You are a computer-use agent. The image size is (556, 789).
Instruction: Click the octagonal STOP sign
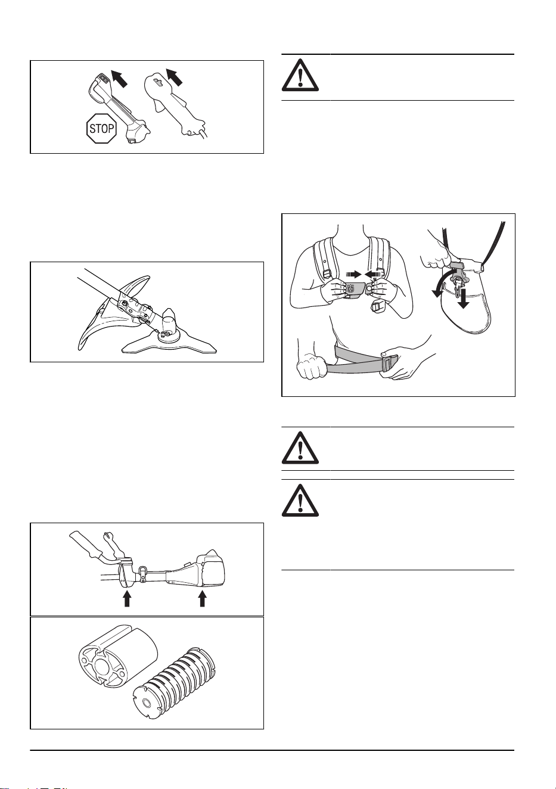coord(101,128)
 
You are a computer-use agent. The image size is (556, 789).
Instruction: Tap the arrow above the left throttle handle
coord(119,78)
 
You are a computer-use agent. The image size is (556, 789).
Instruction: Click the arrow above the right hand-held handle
coord(175,77)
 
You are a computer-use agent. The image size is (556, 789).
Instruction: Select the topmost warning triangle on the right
coord(300,75)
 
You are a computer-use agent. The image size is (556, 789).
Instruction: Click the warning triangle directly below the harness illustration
coord(300,448)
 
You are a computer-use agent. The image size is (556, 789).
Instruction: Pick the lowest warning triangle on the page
coord(300,500)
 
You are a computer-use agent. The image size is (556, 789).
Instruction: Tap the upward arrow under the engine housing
coord(202,598)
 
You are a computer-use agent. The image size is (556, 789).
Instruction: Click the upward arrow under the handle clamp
coord(127,598)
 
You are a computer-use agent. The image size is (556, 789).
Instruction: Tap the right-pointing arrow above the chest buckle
coord(354,274)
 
